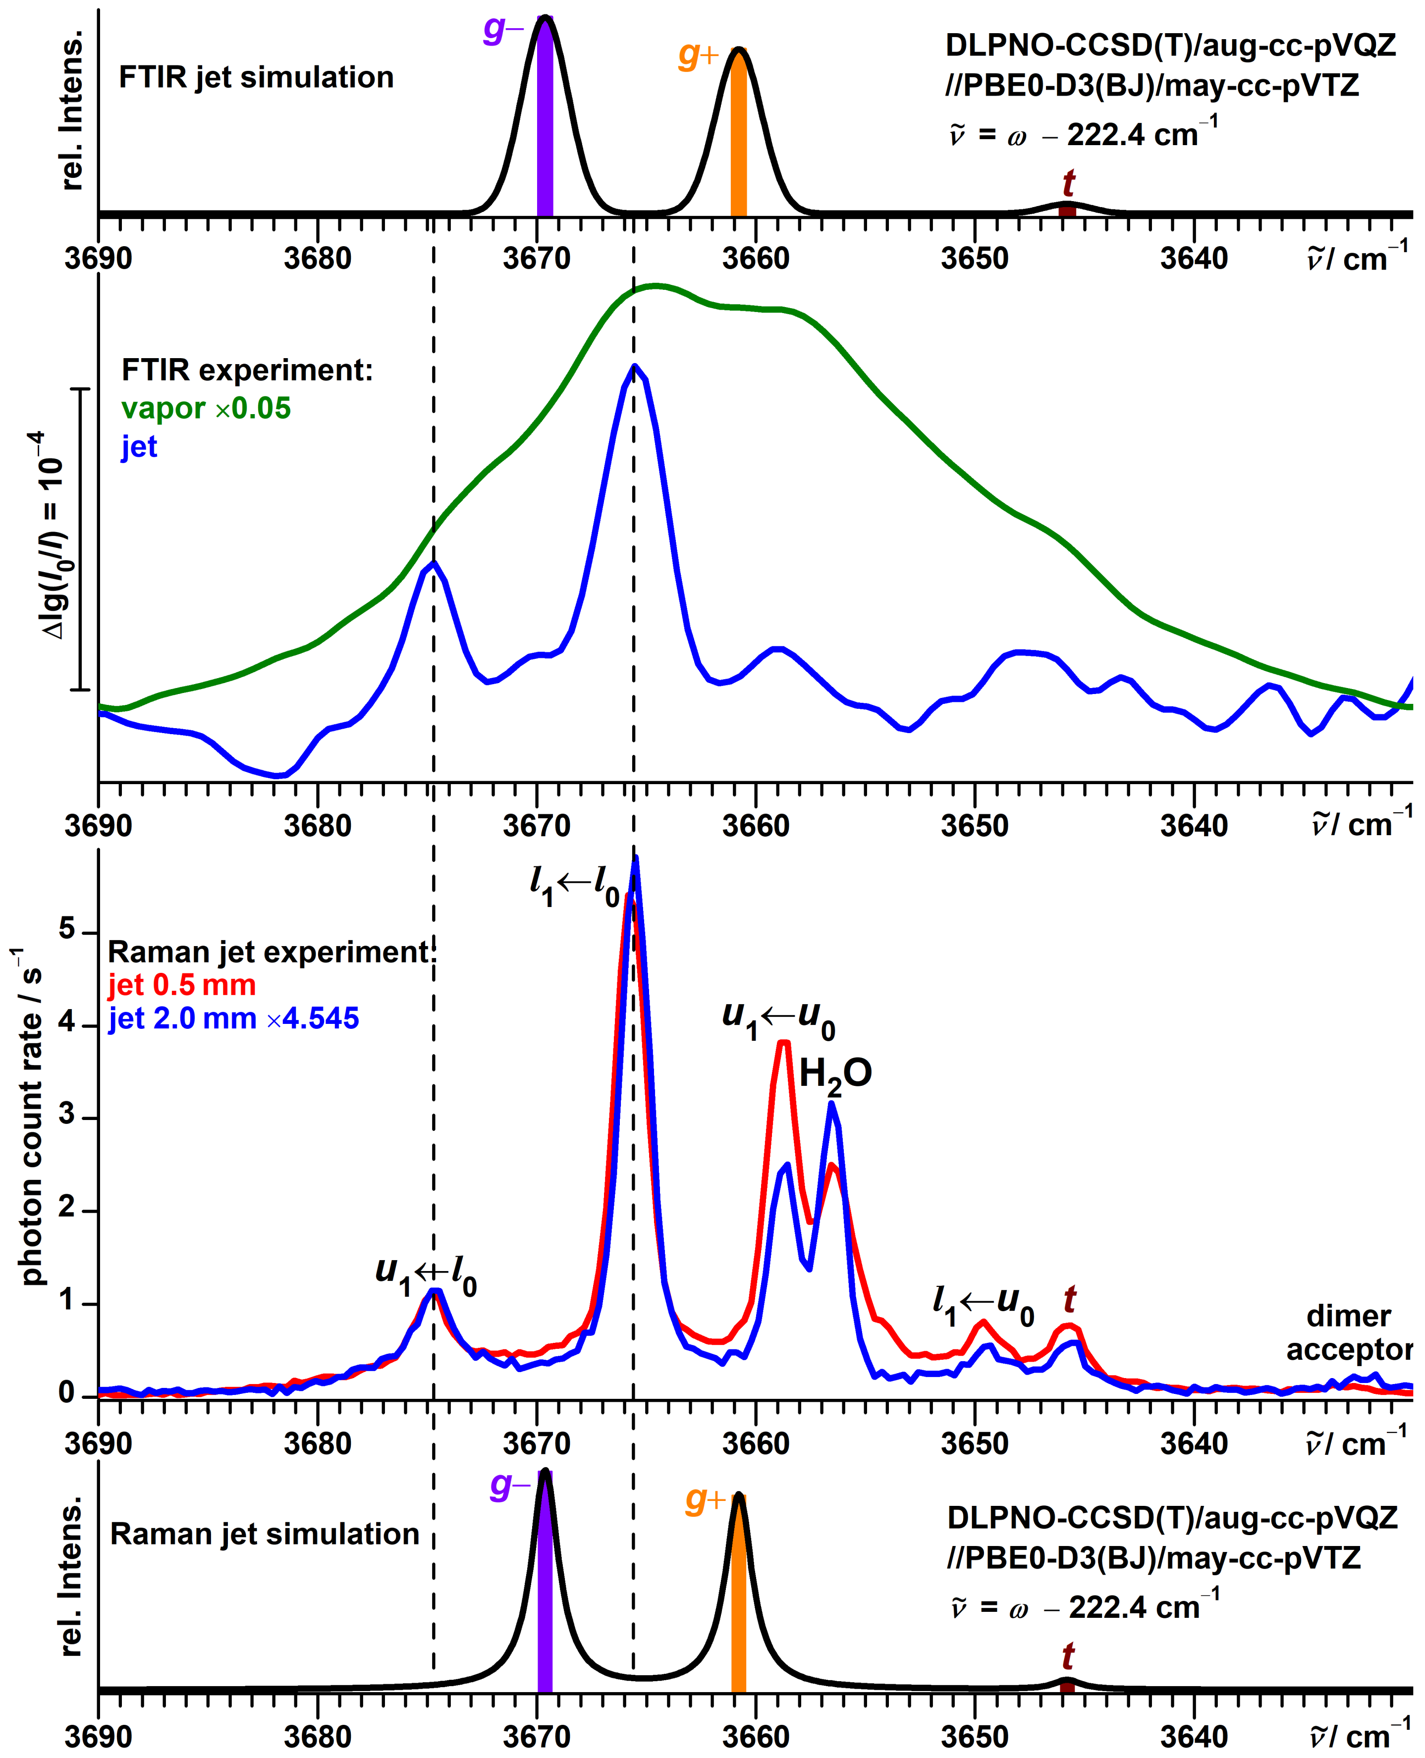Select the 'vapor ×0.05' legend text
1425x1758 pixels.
[x=206, y=408]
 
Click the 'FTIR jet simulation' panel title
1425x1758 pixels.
[x=256, y=77]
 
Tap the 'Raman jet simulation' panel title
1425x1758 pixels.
[x=264, y=1534]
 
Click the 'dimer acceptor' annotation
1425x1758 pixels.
[x=1349, y=1333]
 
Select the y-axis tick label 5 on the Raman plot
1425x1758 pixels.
[x=66, y=930]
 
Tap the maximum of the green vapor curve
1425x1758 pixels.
[x=656, y=286]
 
